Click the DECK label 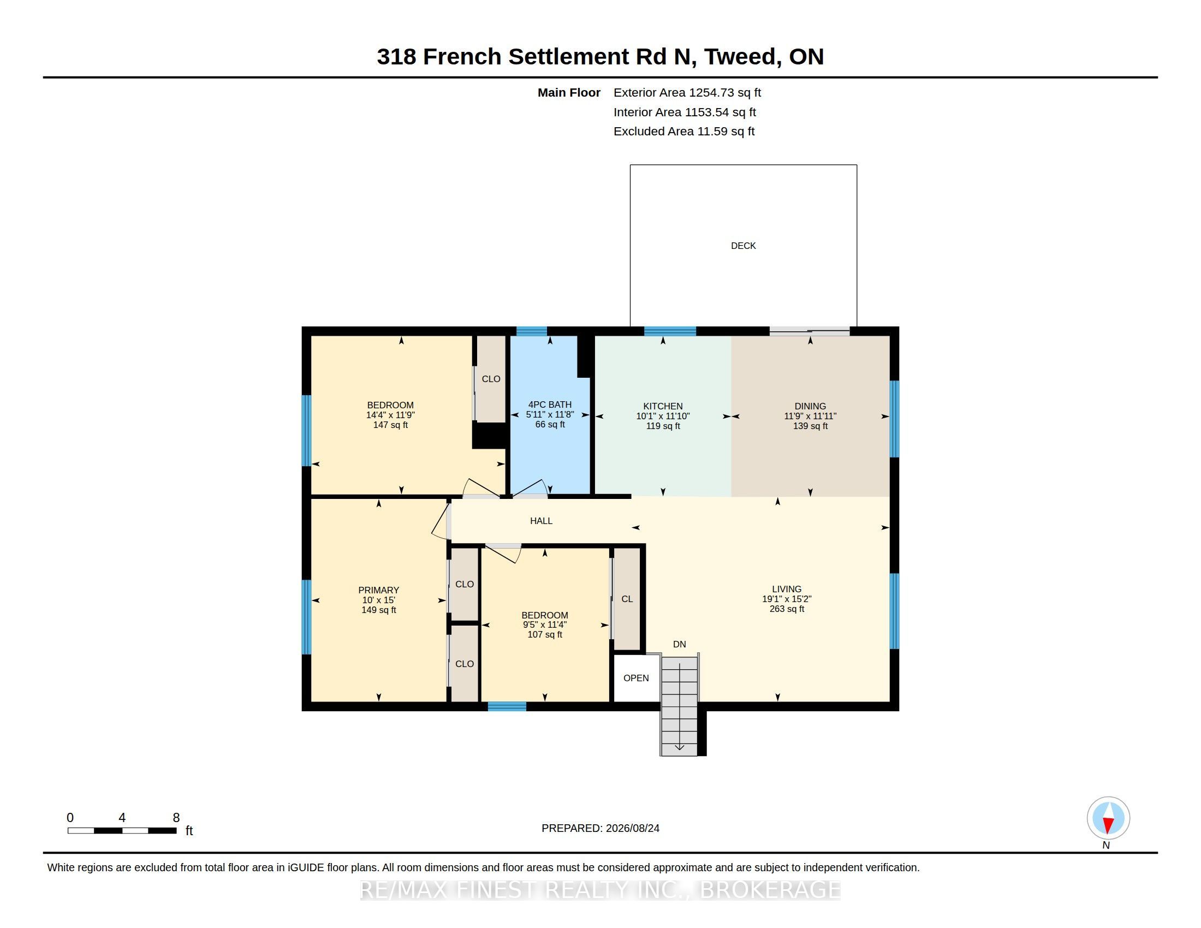743,246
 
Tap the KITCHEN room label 663,406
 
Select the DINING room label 810,406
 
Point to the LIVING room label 786,589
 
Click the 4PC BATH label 550,404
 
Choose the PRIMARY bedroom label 378,590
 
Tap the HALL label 541,521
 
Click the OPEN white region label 635,678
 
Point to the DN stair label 679,644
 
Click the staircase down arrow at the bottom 679,747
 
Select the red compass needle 1108,825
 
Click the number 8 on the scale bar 176,818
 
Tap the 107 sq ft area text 544,634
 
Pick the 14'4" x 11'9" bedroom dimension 390,415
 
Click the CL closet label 627,599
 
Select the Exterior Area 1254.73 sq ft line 687,92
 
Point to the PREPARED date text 600,828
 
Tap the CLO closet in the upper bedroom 491,379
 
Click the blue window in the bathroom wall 531,331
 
